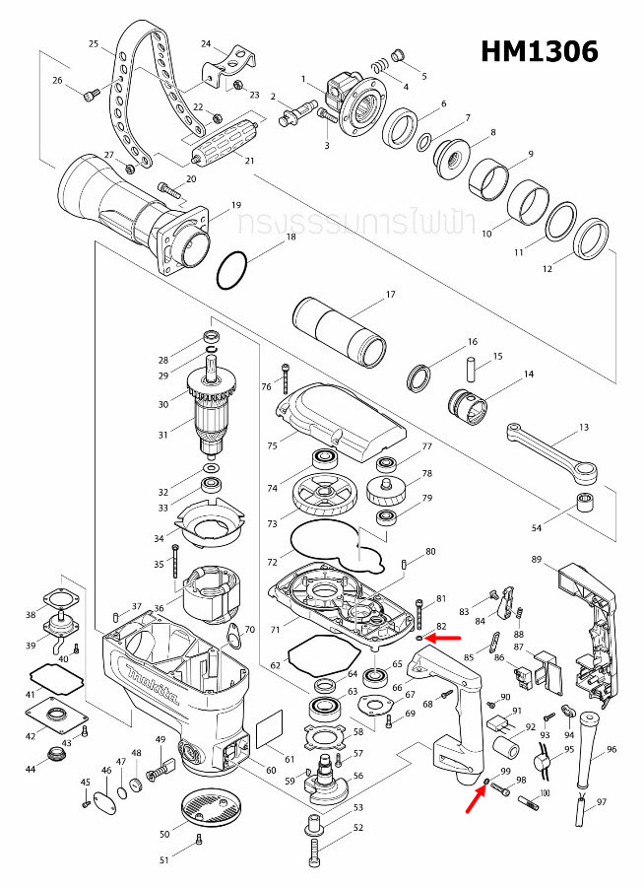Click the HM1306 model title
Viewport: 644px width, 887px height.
[540, 51]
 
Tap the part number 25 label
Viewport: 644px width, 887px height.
[94, 44]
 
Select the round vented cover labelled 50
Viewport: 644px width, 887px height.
[210, 814]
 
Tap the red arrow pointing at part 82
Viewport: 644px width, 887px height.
[447, 637]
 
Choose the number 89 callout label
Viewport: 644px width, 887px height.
[537, 560]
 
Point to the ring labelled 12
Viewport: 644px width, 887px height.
[590, 241]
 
